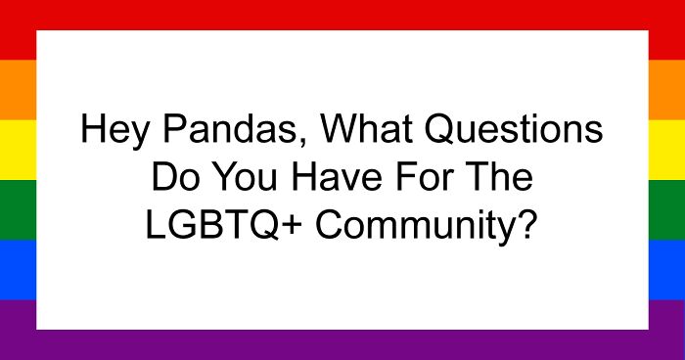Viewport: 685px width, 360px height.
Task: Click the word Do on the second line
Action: coord(167,180)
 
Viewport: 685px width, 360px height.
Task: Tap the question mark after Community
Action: coord(527,226)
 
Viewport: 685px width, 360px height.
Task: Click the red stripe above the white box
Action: coord(342,14)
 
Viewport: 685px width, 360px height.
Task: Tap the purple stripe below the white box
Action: coord(342,344)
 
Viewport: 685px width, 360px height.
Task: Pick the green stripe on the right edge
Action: coord(666,209)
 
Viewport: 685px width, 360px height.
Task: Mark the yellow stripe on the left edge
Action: coord(18,150)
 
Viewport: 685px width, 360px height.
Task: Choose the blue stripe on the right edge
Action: coord(666,269)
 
